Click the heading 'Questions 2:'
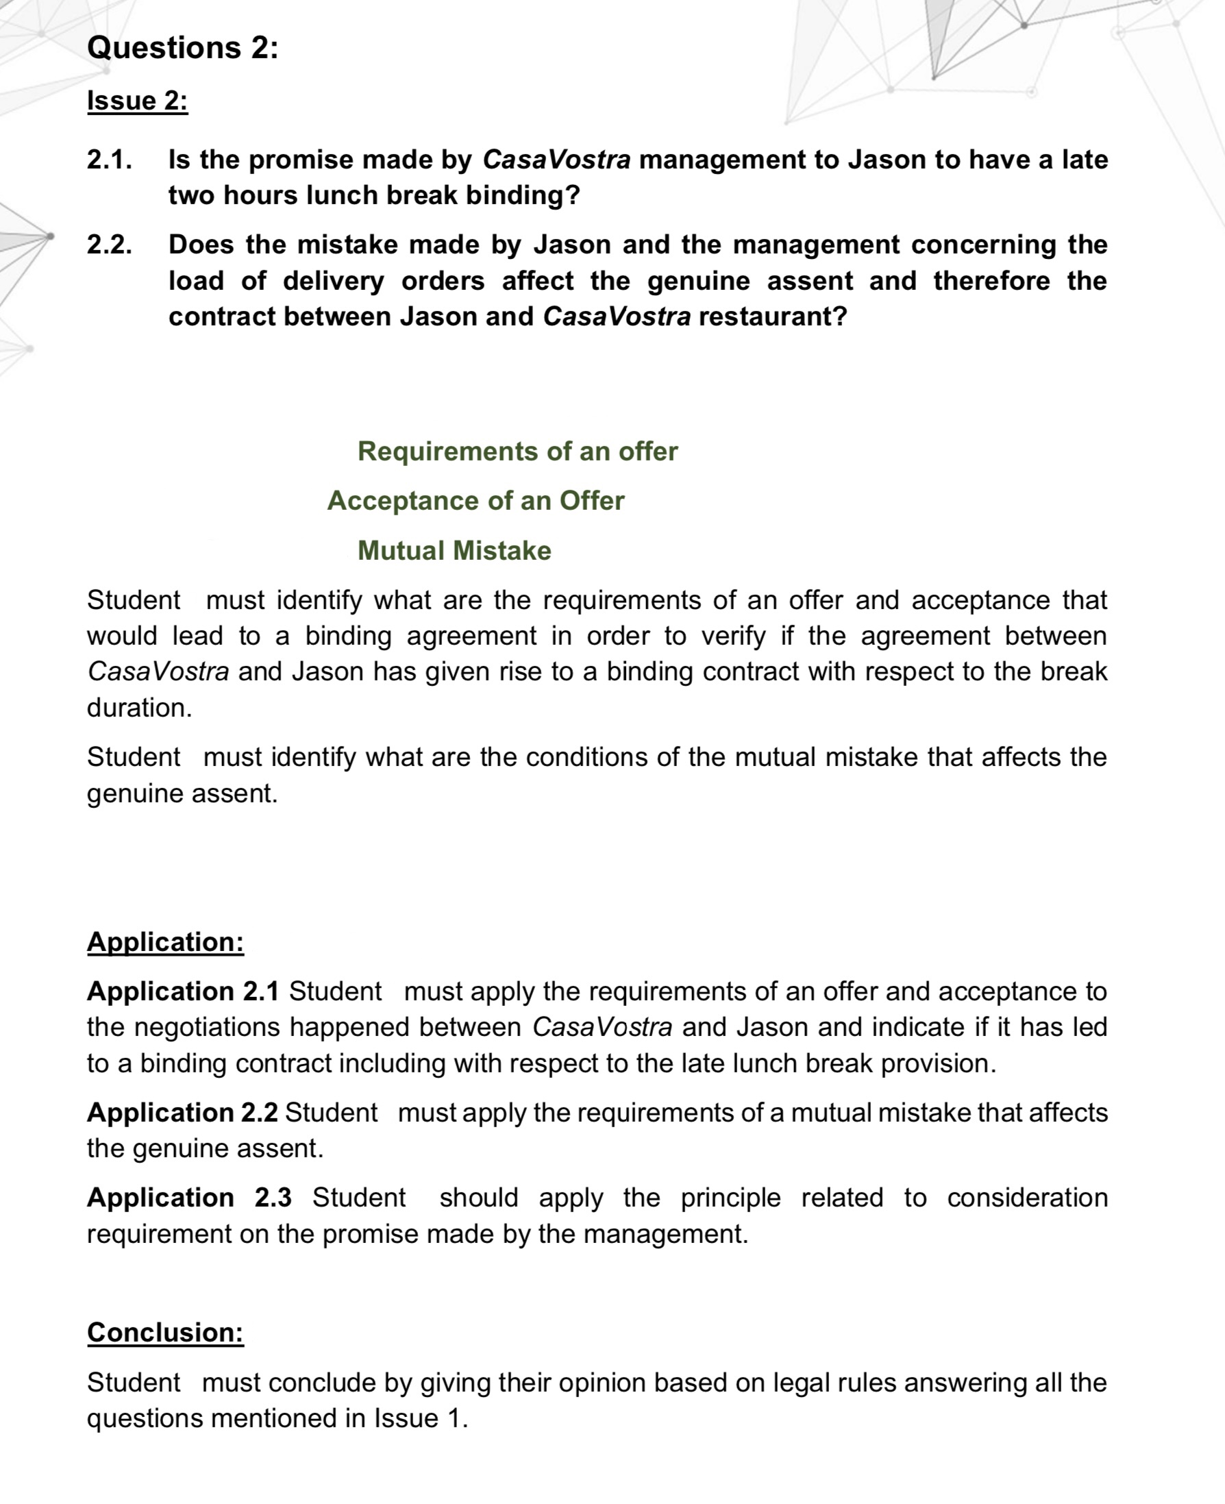click(x=183, y=48)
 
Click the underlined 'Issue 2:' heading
click(x=138, y=101)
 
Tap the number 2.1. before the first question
click(x=110, y=160)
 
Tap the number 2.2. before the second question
click(x=110, y=245)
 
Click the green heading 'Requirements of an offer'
click(x=517, y=451)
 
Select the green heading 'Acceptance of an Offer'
click(x=475, y=500)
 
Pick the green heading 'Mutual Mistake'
click(x=454, y=550)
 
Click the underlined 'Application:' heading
click(x=165, y=941)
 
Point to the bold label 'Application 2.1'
click(x=183, y=991)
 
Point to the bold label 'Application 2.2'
click(x=182, y=1112)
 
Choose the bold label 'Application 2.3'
click(x=189, y=1198)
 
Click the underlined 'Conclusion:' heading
click(x=165, y=1332)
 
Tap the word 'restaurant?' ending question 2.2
click(x=772, y=316)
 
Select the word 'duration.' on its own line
click(x=140, y=707)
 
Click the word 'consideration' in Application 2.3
click(x=1027, y=1198)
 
